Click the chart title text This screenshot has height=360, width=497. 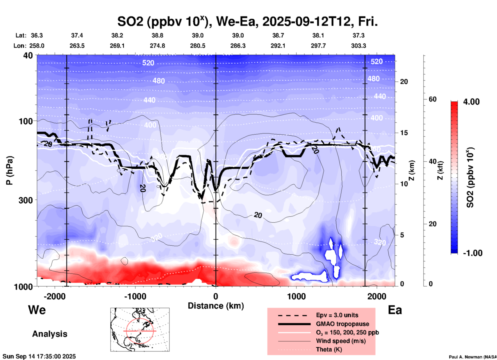tap(247, 22)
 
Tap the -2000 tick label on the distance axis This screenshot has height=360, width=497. tap(55, 296)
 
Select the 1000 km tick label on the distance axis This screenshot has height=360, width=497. tap(296, 296)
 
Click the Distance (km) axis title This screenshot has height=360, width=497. tap(216, 306)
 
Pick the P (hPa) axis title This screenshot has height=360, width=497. tap(10, 170)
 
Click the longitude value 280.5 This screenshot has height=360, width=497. tap(198, 46)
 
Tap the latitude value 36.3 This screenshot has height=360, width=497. tap(37, 35)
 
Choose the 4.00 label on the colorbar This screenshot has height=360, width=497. tap(471, 101)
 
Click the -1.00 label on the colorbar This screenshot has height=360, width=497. tap(472, 253)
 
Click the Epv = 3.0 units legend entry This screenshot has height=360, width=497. tap(337, 315)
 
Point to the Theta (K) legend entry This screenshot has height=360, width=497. tap(329, 349)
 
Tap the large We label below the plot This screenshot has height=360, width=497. tap(37, 310)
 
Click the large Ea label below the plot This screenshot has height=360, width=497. tap(395, 310)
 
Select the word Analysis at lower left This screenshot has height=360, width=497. tap(50, 334)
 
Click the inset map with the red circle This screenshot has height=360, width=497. tap(140, 330)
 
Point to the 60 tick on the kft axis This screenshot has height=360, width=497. tap(432, 99)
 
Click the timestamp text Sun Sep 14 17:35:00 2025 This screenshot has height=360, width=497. tap(39, 356)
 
